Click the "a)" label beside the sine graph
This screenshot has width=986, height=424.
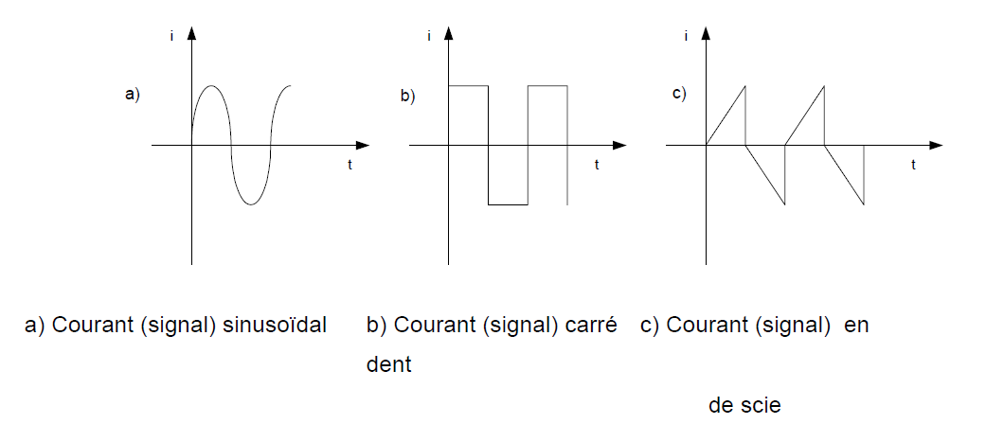[x=133, y=94]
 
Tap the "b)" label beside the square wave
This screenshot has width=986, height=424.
[x=408, y=96]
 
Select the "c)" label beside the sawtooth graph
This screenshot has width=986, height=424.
[x=678, y=93]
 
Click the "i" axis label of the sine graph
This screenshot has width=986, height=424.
[x=171, y=36]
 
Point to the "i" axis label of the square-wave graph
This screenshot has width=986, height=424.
[x=429, y=36]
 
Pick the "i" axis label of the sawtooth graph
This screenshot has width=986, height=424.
[x=685, y=36]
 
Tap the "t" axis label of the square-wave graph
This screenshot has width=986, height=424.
[x=597, y=165]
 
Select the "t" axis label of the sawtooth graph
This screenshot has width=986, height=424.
[x=913, y=164]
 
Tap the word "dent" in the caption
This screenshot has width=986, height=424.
[x=388, y=364]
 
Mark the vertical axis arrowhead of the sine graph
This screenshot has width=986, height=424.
[x=192, y=33]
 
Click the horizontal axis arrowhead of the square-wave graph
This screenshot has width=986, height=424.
[x=619, y=145]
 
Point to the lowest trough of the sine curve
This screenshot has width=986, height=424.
[x=250, y=203]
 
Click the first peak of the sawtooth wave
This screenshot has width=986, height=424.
[x=745, y=86]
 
